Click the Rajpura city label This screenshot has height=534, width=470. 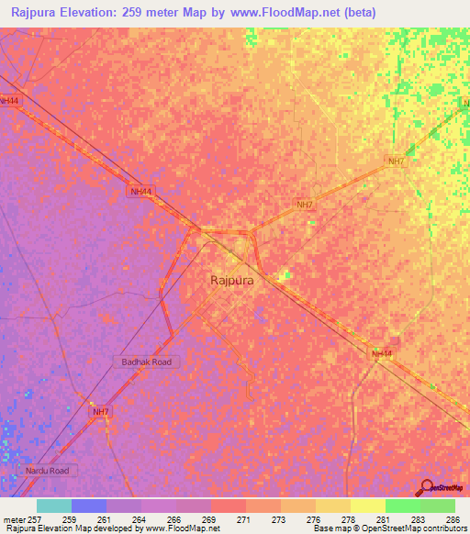pos(232,283)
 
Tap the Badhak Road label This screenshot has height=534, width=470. pos(147,362)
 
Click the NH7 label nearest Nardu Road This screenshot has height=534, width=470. pos(100,413)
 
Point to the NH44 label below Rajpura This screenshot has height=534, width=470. pos(382,353)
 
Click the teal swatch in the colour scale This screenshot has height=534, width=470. pos(54,506)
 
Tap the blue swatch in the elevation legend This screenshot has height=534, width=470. pos(89,506)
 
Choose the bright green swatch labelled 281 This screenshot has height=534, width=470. pos(402,506)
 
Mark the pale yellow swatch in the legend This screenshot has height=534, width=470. pos(367,506)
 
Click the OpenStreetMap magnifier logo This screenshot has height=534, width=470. pos(424,487)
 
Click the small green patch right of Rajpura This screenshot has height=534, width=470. pos(285,275)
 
